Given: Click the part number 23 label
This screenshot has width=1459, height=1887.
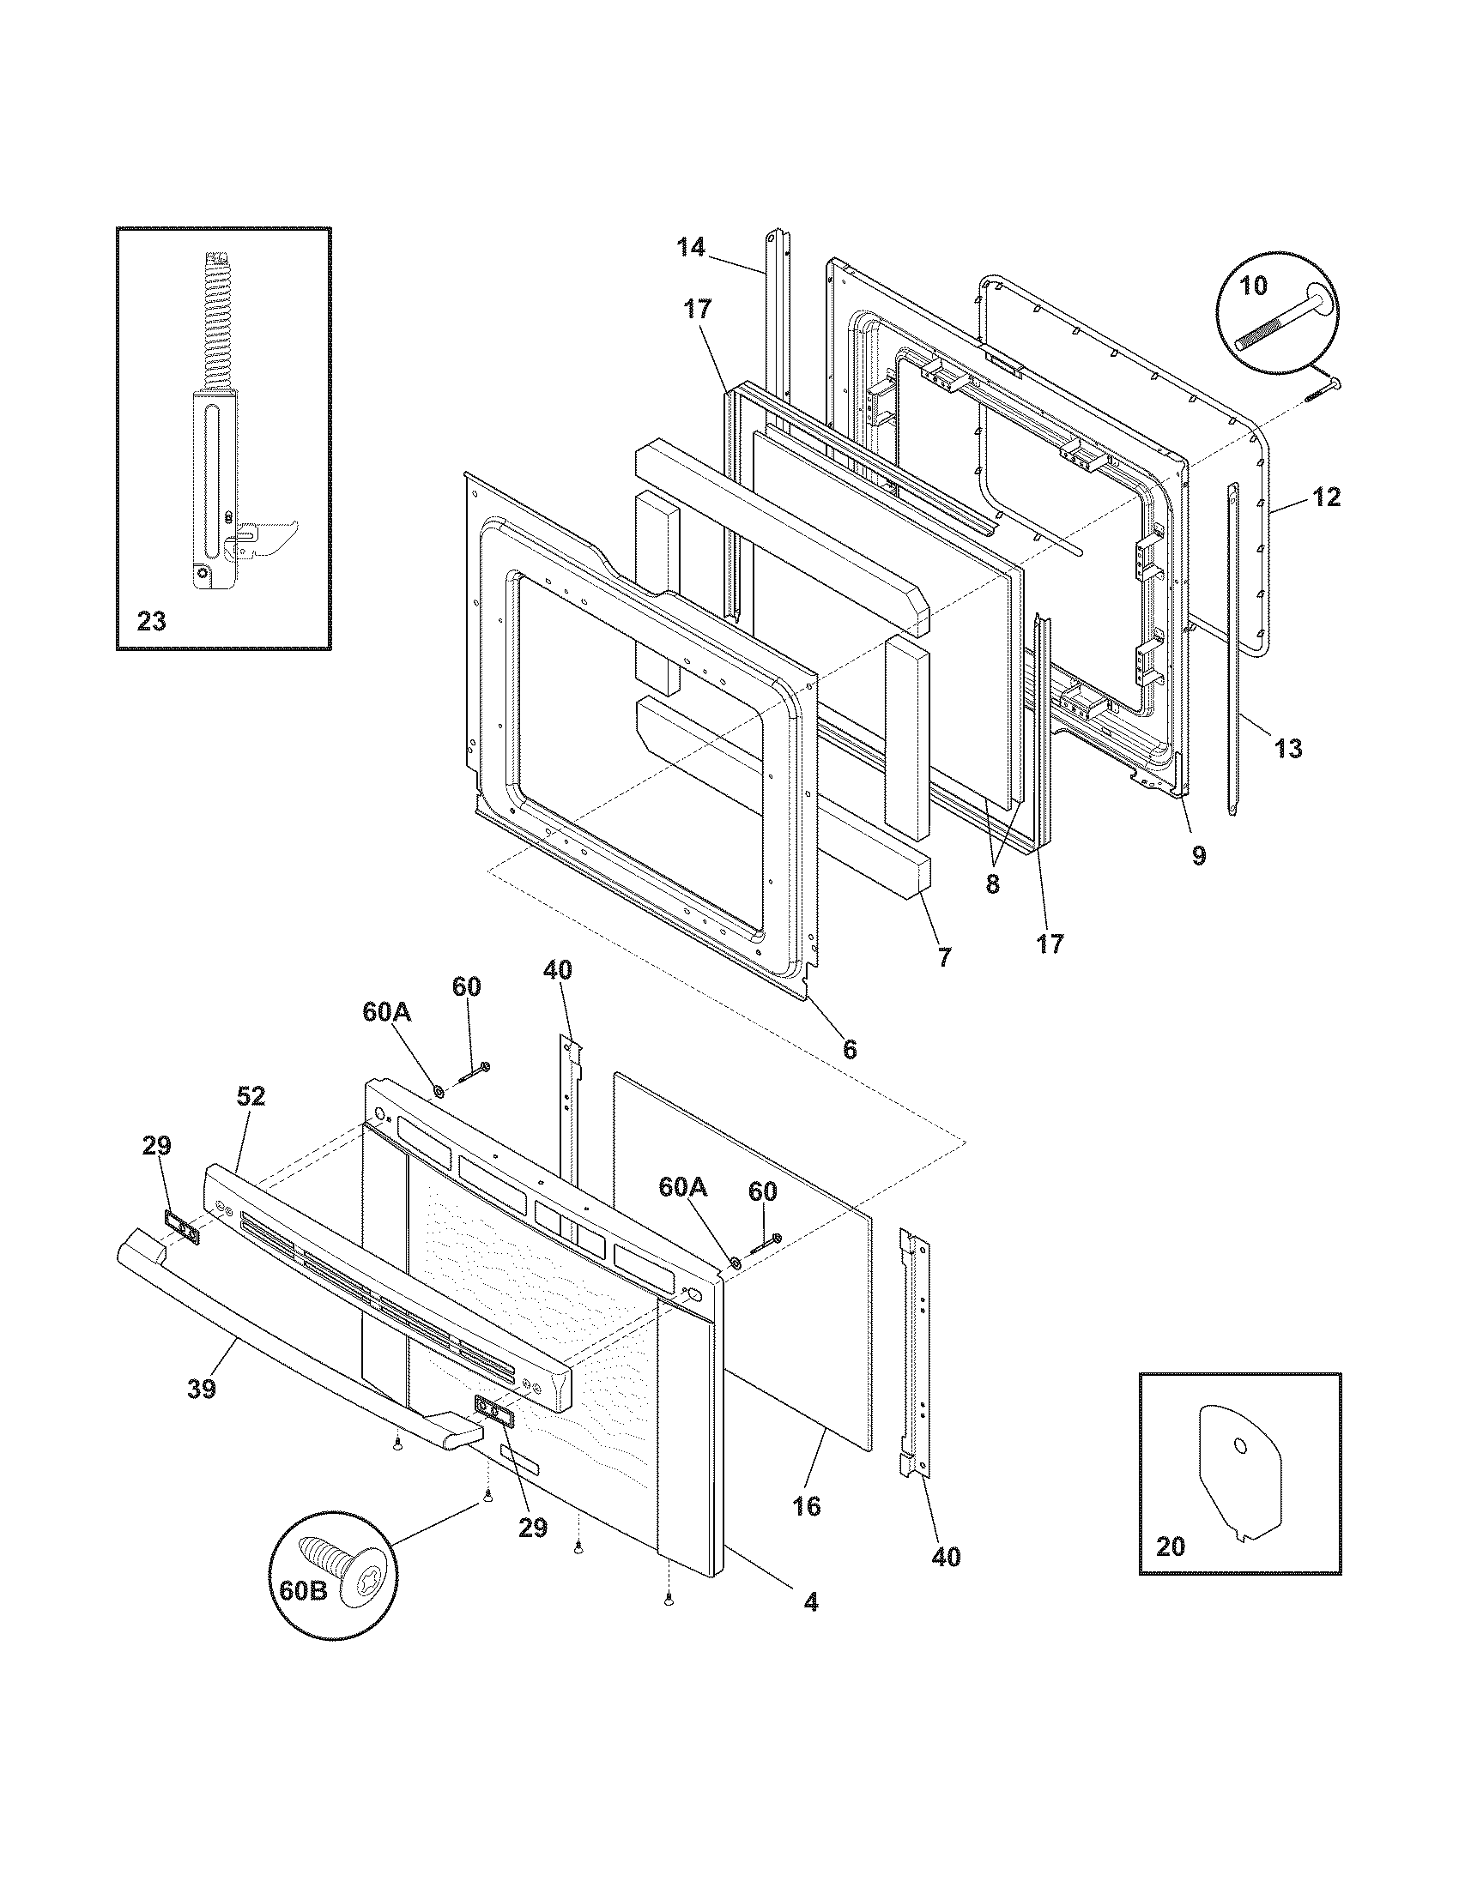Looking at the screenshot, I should pos(151,621).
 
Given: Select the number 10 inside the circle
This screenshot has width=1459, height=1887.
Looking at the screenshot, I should pos(1254,285).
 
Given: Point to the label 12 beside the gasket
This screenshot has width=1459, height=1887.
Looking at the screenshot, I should pos(1327,497).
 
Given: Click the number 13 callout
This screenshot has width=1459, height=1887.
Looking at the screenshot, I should pos(1288,748).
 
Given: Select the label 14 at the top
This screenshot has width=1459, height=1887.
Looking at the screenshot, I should pos(691,248).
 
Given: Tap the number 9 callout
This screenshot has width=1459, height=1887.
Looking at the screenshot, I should pos(1198,855).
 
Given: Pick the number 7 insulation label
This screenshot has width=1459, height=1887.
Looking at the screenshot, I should pos(944,957).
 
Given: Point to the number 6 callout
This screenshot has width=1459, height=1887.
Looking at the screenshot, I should pos(850,1049).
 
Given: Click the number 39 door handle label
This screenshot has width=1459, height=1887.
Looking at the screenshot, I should pos(202,1388).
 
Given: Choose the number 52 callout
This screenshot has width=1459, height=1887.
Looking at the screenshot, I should pos(251,1096).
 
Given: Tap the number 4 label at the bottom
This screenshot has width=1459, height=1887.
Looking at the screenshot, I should pos(810,1602).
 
